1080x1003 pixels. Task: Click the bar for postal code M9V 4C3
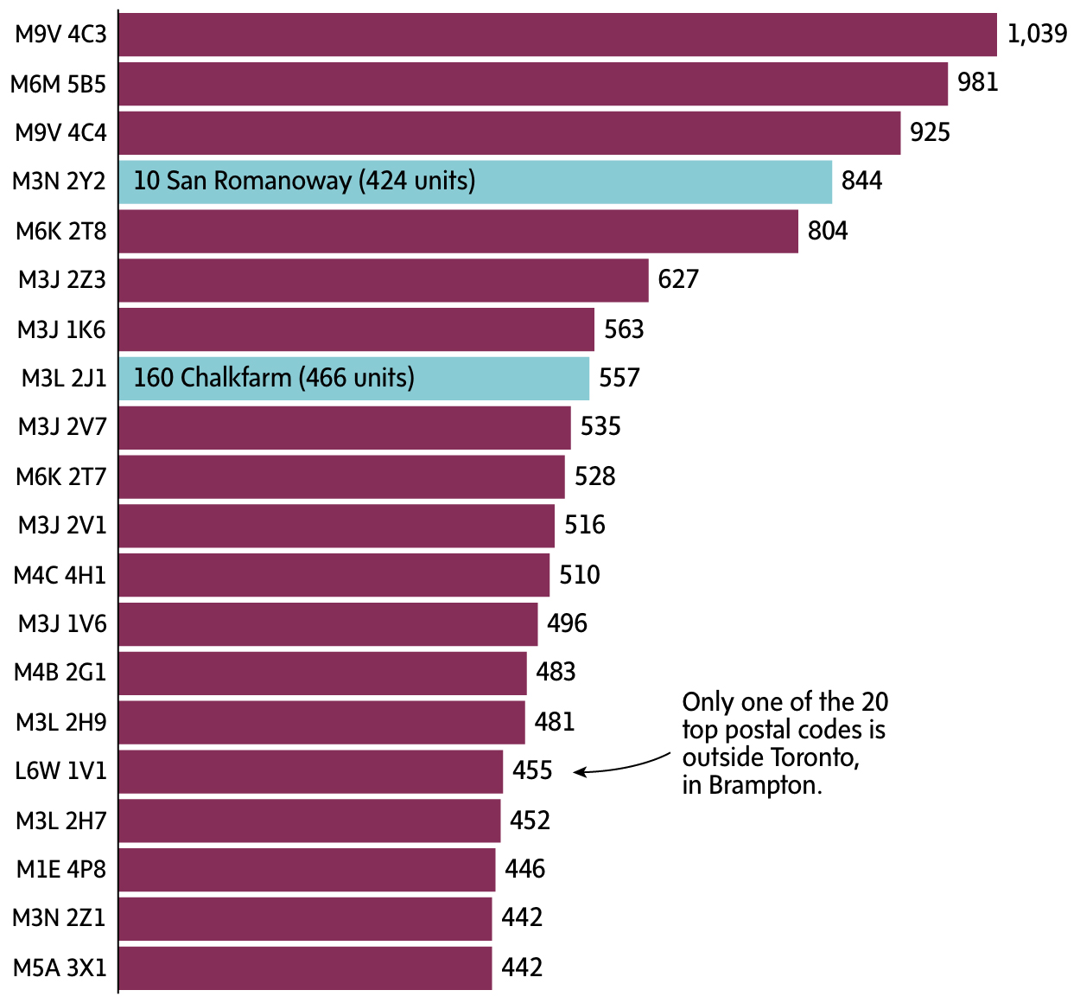(557, 35)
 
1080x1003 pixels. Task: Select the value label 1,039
(1037, 34)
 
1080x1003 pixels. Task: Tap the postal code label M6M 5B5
(58, 84)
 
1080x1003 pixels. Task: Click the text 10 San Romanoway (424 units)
(304, 181)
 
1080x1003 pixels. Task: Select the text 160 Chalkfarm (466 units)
(274, 378)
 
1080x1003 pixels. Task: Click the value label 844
(861, 181)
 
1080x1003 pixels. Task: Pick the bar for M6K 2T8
(458, 231)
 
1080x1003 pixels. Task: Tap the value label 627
(677, 279)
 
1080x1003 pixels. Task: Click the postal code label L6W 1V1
(60, 770)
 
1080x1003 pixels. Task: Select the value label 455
(531, 770)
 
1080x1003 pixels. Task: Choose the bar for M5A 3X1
(305, 968)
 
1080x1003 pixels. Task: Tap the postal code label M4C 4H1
(60, 575)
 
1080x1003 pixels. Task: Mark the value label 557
(619, 378)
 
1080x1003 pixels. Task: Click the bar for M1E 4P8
(307, 869)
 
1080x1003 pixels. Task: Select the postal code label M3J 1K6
(61, 329)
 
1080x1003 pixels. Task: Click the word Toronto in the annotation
(813, 757)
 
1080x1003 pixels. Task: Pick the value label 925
(930, 132)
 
